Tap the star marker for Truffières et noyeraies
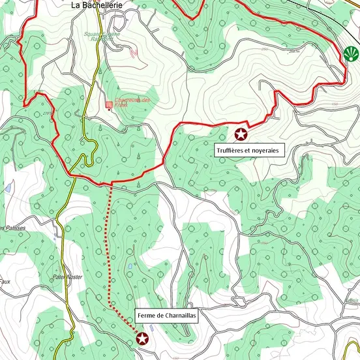[x=241, y=134]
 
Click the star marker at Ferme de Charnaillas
[x=142, y=338]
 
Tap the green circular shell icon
[x=351, y=53]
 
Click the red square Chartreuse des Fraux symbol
[x=109, y=104]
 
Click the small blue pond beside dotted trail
[x=131, y=267]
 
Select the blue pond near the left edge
[x=7, y=188]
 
